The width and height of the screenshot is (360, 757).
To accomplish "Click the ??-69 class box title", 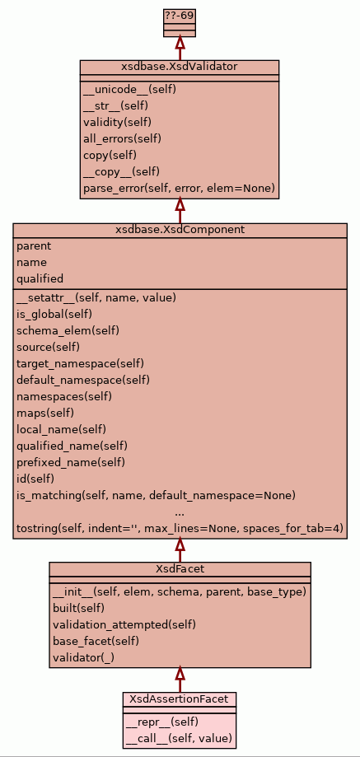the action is (180, 16).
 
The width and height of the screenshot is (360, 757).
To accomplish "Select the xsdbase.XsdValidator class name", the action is (180, 67).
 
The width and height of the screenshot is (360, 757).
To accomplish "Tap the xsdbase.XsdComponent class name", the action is (180, 230).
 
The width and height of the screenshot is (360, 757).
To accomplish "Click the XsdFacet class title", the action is (180, 568).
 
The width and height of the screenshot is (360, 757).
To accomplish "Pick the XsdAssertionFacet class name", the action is (180, 699).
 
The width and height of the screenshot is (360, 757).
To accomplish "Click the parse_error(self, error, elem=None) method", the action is (179, 189).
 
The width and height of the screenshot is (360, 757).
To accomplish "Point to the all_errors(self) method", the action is (122, 139).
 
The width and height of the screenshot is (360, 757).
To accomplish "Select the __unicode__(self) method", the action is (129, 89).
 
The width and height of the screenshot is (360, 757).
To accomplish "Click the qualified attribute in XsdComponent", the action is (40, 279).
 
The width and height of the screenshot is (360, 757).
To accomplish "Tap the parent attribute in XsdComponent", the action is (34, 246).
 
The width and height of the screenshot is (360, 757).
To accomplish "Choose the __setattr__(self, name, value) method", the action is (96, 298).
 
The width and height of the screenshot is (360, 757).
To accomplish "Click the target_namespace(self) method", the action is (80, 364).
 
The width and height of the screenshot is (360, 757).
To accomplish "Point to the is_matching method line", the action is (156, 496).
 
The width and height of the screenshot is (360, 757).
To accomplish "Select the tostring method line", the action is (180, 529).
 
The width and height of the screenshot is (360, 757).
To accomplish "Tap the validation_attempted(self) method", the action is (124, 624).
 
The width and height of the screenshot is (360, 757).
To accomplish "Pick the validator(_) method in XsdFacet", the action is (83, 657).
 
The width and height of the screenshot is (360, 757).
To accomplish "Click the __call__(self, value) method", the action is (179, 739).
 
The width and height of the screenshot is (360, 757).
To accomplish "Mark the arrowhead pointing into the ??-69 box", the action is (180, 41).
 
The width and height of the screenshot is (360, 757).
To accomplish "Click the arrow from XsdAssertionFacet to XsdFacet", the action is (180, 680).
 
